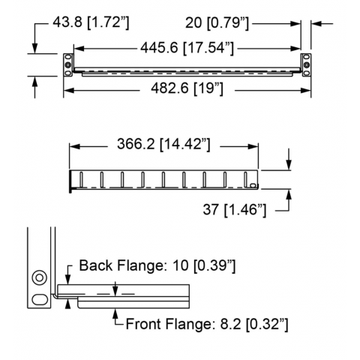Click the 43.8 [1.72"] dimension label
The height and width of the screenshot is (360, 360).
[91, 22]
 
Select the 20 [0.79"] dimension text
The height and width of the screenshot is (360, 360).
[217, 23]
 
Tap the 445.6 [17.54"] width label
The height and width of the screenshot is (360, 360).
[187, 48]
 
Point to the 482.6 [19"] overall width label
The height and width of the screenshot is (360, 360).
[187, 88]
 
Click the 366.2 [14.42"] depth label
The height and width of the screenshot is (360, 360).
[163, 144]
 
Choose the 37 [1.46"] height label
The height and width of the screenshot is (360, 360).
[235, 209]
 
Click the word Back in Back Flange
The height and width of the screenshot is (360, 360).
[96, 265]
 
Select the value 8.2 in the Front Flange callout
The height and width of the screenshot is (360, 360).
[230, 324]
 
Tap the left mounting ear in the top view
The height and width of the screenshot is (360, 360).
[68, 64]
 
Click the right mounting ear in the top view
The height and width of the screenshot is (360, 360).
[306, 64]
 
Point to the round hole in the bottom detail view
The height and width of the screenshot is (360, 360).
[40, 277]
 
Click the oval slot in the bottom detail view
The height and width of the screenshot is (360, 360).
[40, 299]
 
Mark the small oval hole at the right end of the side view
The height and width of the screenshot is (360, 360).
[253, 185]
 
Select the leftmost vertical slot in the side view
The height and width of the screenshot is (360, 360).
[82, 179]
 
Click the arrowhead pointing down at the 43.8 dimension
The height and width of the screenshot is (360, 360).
[34, 49]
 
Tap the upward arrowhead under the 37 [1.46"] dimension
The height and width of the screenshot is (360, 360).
[289, 194]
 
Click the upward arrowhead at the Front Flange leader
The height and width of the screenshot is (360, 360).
[115, 313]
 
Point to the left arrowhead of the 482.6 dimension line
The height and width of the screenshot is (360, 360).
[69, 90]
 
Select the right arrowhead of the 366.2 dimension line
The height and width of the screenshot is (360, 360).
[253, 146]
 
